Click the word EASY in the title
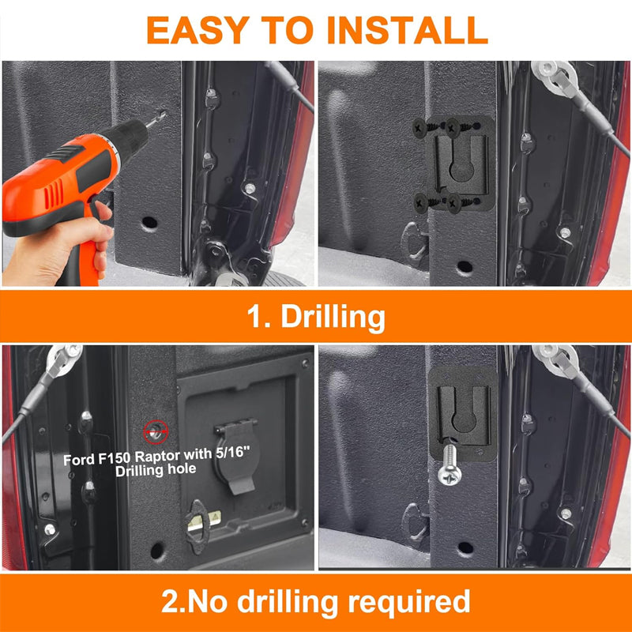click(198, 30)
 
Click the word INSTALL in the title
click(408, 30)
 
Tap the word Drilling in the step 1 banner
click(333, 317)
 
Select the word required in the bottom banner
click(409, 603)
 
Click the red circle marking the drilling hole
click(156, 431)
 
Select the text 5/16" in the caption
click(233, 453)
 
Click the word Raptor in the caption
click(157, 457)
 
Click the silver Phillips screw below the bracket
click(450, 465)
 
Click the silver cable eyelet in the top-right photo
click(553, 77)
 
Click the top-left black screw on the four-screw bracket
click(421, 128)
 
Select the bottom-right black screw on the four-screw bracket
click(456, 204)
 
